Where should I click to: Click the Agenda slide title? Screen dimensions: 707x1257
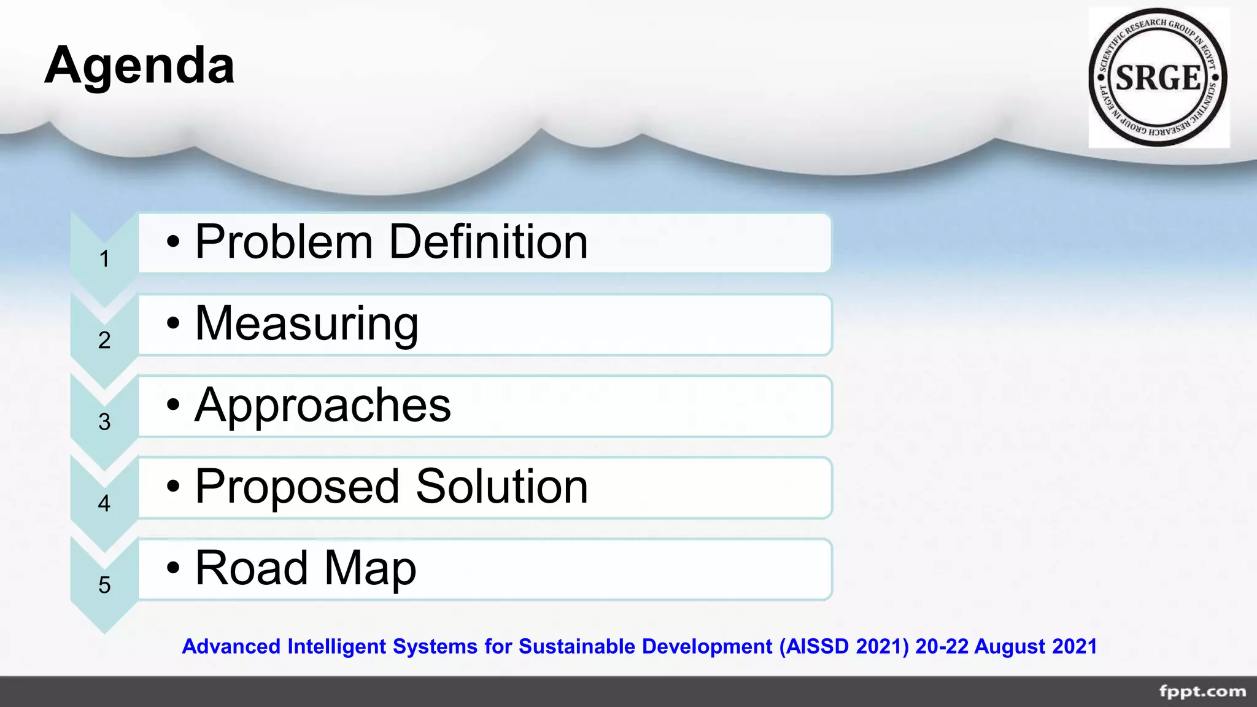(139, 65)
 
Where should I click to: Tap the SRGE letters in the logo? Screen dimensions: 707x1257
(1158, 78)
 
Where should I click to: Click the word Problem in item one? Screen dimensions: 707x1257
(284, 242)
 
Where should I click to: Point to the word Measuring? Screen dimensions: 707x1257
(306, 323)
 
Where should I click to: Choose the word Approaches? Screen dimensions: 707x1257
(323, 405)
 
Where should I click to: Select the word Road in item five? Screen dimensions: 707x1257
(251, 568)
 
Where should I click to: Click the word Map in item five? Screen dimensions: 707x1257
(370, 568)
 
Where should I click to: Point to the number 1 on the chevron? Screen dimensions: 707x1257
(104, 259)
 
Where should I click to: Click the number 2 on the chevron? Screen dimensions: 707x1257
(104, 341)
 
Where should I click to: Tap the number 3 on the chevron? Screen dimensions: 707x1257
(104, 422)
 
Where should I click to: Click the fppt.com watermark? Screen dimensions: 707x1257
(1202, 692)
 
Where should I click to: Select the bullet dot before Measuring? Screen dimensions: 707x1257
(174, 323)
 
